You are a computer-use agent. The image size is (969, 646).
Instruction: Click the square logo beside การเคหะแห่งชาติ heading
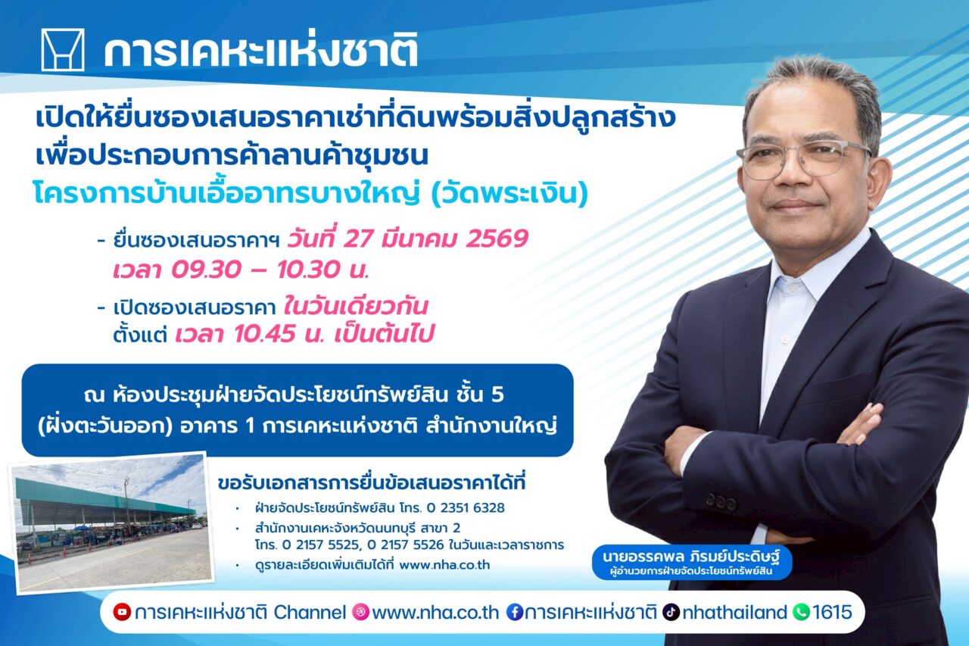point(63,50)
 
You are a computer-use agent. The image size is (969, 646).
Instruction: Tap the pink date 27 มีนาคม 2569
point(407,239)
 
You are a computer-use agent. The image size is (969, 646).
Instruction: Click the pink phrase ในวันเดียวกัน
point(356,307)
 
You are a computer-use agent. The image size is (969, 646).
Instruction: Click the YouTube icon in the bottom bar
point(121,612)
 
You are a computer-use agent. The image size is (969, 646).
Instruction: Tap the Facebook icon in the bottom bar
point(515,612)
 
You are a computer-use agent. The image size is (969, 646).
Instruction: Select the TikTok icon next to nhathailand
point(671,612)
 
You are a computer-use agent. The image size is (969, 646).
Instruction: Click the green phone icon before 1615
point(801,612)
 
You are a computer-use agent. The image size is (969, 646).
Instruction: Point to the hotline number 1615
point(832,612)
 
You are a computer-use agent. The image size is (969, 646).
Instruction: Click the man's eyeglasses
point(802,158)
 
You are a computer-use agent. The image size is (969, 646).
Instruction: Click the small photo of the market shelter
point(111,523)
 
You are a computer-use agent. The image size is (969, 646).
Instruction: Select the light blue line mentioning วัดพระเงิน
point(310,194)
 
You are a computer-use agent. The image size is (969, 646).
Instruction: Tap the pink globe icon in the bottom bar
point(361,612)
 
